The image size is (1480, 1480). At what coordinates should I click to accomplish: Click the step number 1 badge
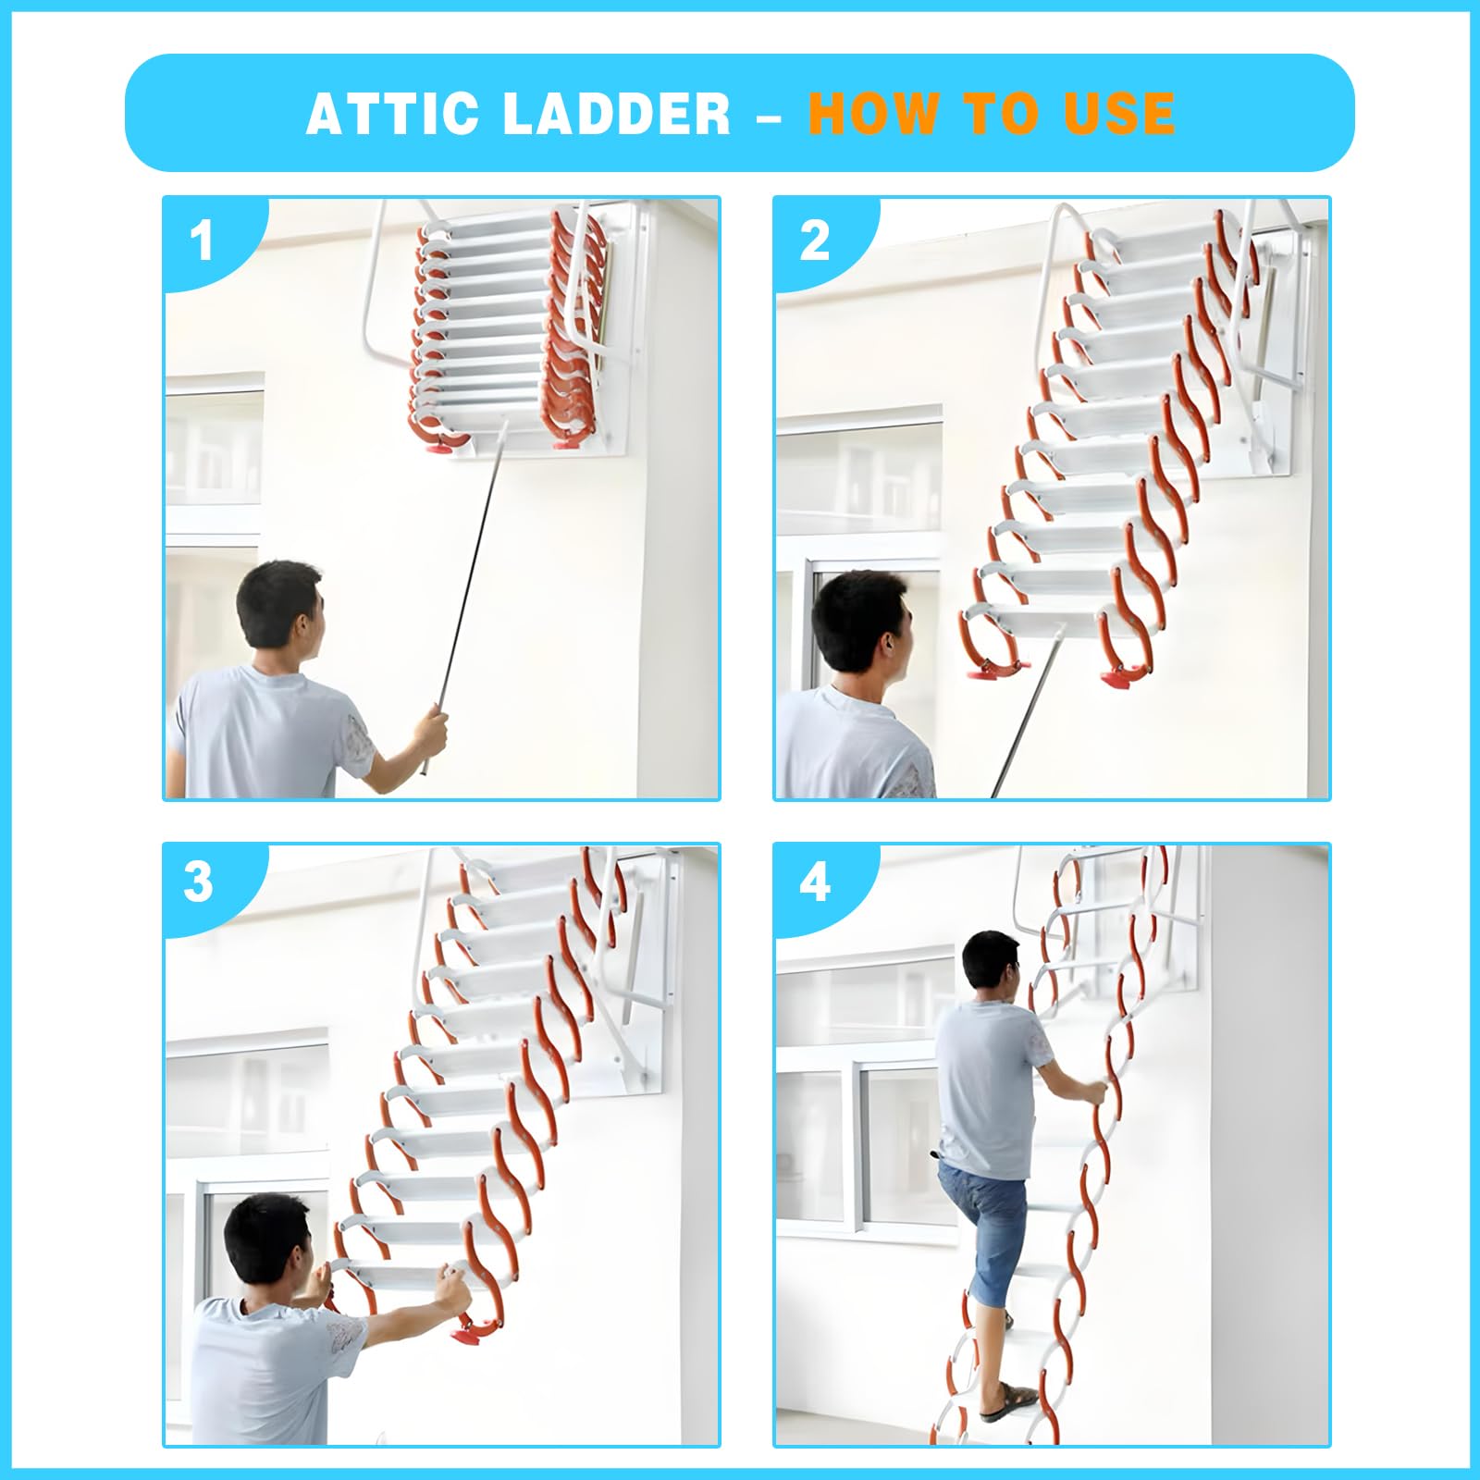[x=202, y=241]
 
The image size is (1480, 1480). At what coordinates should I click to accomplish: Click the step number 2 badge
[x=814, y=241]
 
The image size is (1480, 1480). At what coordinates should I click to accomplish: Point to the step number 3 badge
[x=200, y=882]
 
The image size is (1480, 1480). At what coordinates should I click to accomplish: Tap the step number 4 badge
[x=814, y=882]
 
